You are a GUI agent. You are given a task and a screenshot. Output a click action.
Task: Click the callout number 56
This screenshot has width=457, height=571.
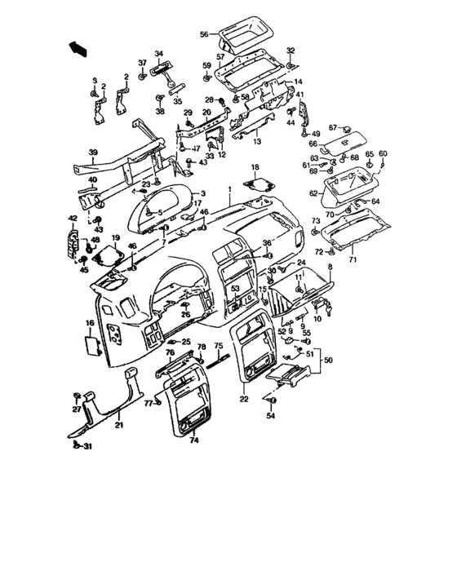click(204, 34)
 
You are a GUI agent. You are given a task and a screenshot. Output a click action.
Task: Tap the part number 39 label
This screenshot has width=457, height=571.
click(93, 153)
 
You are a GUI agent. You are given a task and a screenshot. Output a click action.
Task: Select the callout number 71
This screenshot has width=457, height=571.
click(353, 260)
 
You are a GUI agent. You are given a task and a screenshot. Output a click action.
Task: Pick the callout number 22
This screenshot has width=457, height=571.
click(243, 399)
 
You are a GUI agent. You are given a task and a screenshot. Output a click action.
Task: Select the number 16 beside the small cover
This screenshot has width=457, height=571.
click(89, 324)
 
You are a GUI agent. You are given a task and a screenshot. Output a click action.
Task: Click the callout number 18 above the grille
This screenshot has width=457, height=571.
click(255, 167)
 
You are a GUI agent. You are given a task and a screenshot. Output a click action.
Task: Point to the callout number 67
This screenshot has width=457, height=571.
click(333, 127)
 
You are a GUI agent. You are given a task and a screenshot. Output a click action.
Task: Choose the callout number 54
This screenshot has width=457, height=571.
click(271, 417)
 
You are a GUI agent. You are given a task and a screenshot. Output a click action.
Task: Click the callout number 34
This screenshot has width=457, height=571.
click(159, 53)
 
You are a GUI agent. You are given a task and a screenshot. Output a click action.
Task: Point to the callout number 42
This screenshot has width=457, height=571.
click(73, 218)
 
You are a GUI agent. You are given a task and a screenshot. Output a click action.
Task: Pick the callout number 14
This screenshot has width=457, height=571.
click(299, 82)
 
